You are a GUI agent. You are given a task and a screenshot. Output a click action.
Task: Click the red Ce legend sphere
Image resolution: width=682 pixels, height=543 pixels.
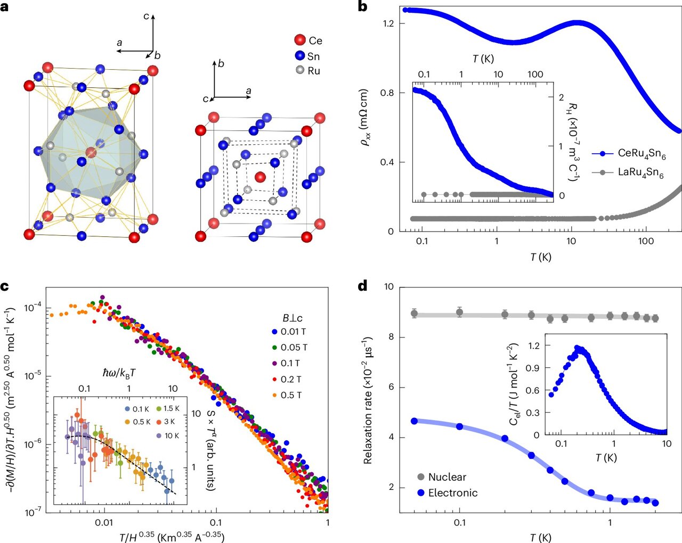pos(300,40)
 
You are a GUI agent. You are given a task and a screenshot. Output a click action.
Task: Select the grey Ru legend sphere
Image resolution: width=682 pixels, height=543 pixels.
pos(300,70)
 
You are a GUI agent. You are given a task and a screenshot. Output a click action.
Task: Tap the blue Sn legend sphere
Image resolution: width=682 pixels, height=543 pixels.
pos(300,56)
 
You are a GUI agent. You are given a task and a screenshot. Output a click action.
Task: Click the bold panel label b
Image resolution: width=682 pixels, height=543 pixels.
pos(362,7)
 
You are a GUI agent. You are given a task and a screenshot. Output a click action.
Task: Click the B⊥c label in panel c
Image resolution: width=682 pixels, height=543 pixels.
pos(293,318)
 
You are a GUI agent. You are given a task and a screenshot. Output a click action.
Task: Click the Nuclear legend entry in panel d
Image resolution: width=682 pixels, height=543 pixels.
pos(440,477)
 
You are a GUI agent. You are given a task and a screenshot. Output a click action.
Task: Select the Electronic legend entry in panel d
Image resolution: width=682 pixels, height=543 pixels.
pos(445,493)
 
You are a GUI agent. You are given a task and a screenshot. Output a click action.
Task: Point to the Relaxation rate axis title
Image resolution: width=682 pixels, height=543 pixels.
pos(368,400)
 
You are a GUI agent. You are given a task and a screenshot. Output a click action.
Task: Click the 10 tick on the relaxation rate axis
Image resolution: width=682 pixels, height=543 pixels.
pos(388,287)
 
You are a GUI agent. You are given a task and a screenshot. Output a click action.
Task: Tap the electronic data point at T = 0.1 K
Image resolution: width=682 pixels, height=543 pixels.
pos(459,426)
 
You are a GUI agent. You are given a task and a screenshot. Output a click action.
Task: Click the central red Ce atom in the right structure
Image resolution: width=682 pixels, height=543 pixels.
pos(260,177)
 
